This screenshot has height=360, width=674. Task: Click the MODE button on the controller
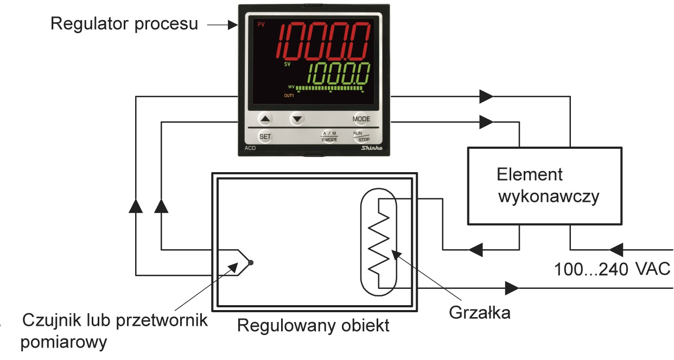coord(361,118)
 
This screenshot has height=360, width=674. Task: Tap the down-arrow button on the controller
coord(296,118)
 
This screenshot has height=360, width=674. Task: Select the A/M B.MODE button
coord(329,136)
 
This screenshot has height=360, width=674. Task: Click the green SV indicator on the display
coord(287,65)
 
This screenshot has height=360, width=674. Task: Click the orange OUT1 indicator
coord(289,96)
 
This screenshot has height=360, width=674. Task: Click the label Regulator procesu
coord(124,24)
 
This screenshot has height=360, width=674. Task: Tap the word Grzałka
coord(480,313)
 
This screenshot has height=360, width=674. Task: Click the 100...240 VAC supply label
coord(612,269)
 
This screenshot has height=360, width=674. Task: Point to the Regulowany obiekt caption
coord(313,326)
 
